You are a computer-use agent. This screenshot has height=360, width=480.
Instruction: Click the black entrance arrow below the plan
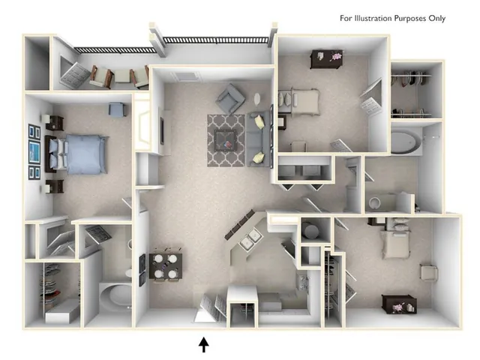click(205, 344)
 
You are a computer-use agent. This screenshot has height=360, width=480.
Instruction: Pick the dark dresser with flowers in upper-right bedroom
click(326, 58)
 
